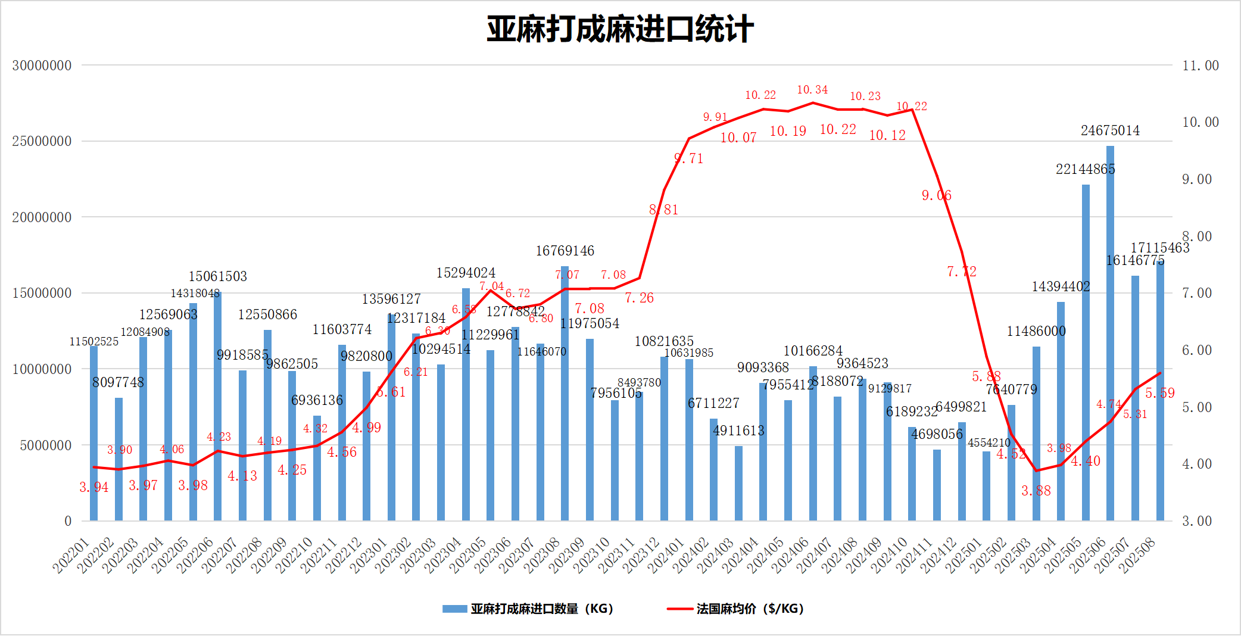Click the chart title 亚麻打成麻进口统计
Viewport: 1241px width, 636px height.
(x=620, y=29)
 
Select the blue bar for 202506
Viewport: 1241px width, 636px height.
(x=1110, y=333)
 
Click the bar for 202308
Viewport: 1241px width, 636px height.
(x=565, y=393)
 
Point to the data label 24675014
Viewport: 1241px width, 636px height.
(x=1110, y=131)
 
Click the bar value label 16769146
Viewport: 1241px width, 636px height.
(x=565, y=251)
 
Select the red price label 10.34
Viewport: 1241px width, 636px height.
(x=812, y=90)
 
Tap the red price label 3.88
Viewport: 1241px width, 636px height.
(x=1036, y=491)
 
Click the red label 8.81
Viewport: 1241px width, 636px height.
(x=663, y=210)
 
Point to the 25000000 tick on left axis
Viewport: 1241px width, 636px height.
(x=42, y=142)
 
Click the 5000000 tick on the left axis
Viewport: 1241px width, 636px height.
(x=45, y=445)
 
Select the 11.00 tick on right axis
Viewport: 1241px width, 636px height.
(x=1200, y=66)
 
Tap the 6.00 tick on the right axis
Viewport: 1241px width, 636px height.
(x=1196, y=350)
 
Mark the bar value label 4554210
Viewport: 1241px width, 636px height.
(x=989, y=443)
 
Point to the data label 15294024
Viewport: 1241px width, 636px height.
(x=466, y=273)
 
